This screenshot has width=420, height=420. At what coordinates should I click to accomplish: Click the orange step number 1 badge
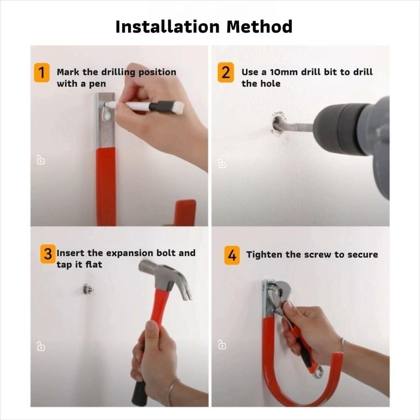click(x=42, y=72)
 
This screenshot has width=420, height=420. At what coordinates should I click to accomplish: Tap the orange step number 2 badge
click(x=226, y=72)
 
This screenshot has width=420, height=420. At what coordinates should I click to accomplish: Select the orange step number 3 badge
click(x=48, y=254)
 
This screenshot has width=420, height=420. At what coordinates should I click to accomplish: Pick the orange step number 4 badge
click(x=232, y=255)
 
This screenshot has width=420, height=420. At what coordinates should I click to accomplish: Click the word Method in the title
click(x=259, y=26)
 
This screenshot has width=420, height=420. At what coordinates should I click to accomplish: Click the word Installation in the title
click(x=168, y=26)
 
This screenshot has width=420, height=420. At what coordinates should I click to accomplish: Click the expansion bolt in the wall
click(x=87, y=289)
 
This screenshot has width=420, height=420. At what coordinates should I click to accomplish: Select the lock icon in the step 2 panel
click(x=222, y=163)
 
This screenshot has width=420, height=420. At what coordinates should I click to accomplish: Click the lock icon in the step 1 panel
click(x=40, y=160)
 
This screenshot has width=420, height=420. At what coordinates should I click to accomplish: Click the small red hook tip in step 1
click(x=185, y=213)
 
